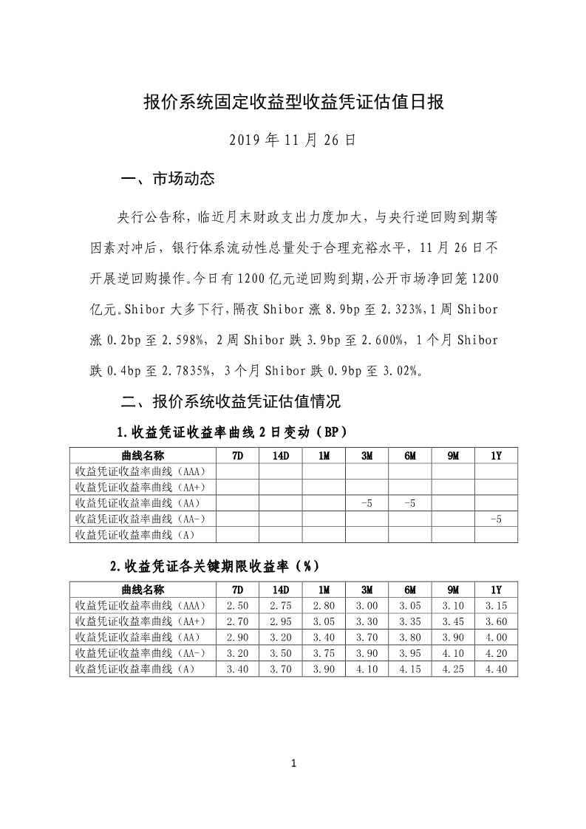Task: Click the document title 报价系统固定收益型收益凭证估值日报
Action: [x=293, y=102]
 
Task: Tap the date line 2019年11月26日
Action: [x=293, y=140]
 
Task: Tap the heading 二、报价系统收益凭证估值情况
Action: [x=231, y=402]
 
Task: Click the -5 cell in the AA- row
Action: [x=496, y=519]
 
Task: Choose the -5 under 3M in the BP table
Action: [x=367, y=503]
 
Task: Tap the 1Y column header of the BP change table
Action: [x=496, y=456]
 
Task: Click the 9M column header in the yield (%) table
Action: [x=453, y=590]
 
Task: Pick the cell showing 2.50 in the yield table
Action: [x=237, y=606]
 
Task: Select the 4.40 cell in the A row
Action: [x=496, y=669]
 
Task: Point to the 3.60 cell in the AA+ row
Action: [x=496, y=621]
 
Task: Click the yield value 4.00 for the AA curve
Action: [x=496, y=638]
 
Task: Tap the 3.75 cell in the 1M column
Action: [x=324, y=653]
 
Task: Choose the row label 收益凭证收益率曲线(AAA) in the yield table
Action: [x=140, y=606]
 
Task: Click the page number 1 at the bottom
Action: [x=293, y=763]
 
